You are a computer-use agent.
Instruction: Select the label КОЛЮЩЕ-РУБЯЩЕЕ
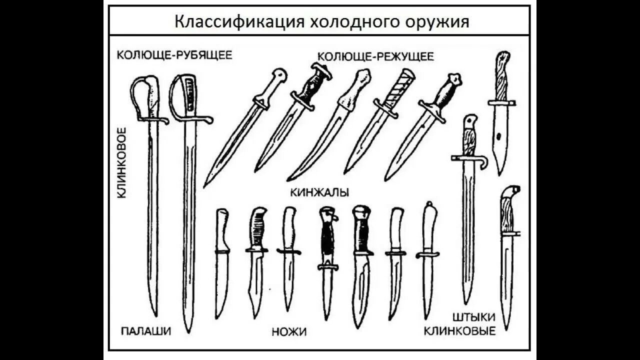coord(174,54)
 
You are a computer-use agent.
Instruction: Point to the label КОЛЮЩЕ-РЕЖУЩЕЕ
coord(375,56)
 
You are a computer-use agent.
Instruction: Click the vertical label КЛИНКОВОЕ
coord(121,162)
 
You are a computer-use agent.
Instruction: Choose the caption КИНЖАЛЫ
coord(319,192)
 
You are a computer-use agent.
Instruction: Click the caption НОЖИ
coord(289,331)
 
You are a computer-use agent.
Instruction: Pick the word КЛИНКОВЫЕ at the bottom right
coord(459,330)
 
